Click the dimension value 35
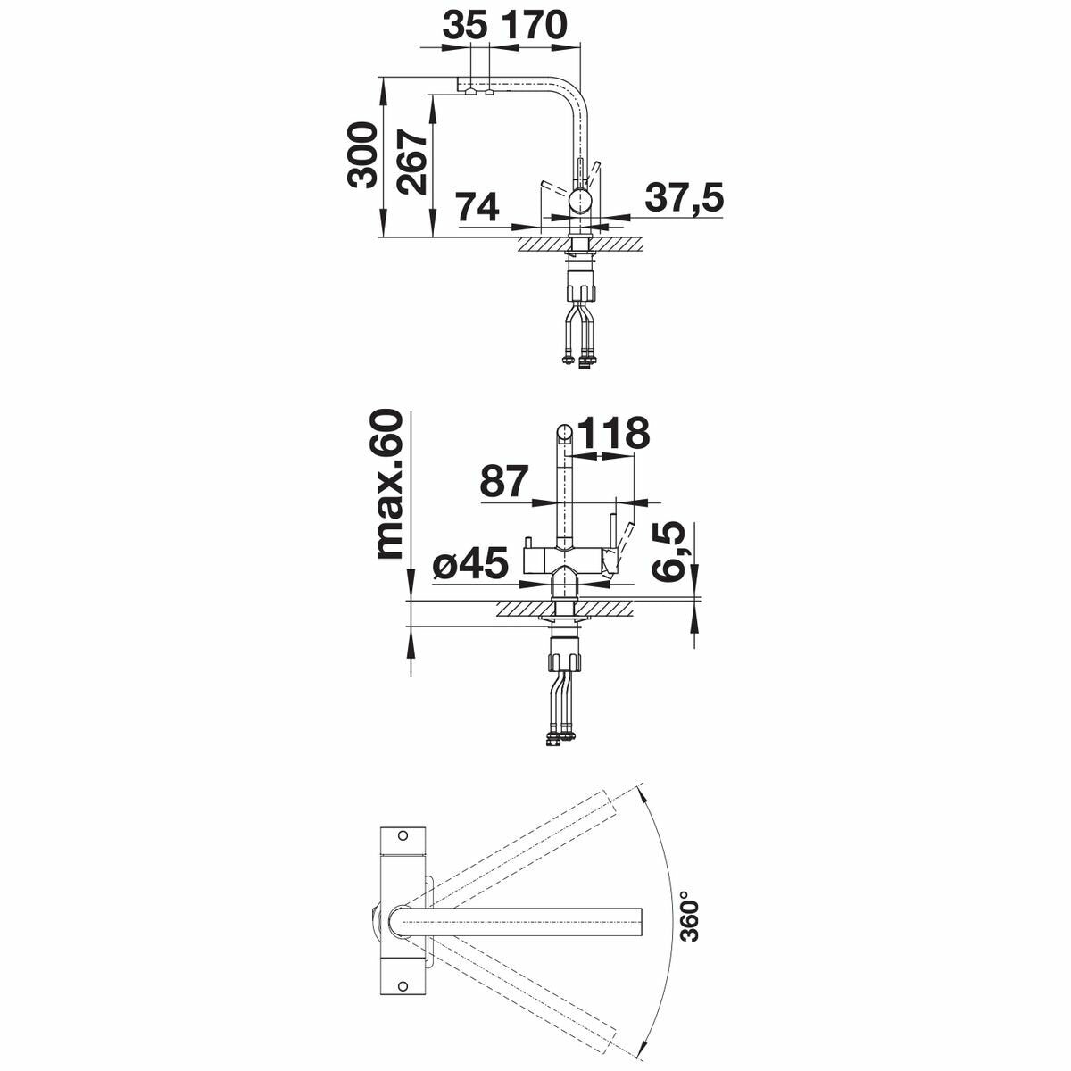pyautogui.click(x=465, y=25)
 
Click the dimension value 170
pyautogui.click(x=535, y=25)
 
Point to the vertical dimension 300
pyautogui.click(x=361, y=155)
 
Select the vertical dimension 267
pyautogui.click(x=411, y=162)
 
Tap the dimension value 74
pyautogui.click(x=477, y=207)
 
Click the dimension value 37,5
pyautogui.click(x=685, y=199)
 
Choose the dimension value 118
pyautogui.click(x=614, y=433)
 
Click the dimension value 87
pyautogui.click(x=503, y=482)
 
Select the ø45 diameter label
pyautogui.click(x=470, y=563)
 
